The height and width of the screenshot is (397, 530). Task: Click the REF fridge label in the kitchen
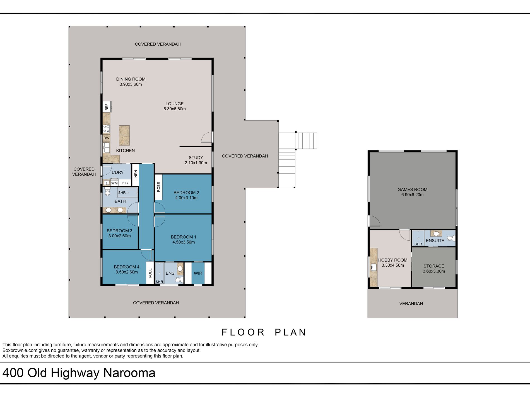[x=107, y=107]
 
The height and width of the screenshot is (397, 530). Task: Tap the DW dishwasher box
[x=107, y=138]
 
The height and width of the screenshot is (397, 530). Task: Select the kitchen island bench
[x=124, y=135]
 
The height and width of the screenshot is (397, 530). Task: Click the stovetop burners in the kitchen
[x=107, y=129]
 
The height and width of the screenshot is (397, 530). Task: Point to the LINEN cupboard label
[x=136, y=175]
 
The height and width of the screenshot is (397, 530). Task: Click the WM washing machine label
[x=114, y=183]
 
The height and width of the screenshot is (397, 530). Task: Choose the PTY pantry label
[x=125, y=183]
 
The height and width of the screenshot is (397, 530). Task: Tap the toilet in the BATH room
[x=107, y=191]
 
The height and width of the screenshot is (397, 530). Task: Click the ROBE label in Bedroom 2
[x=158, y=187]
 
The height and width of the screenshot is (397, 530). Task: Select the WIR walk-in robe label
[x=198, y=273]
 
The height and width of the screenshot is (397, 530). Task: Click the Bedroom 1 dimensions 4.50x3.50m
[x=184, y=242]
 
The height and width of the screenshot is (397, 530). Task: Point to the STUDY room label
[x=196, y=158]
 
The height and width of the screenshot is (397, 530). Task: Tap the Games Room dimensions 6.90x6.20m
[x=412, y=195]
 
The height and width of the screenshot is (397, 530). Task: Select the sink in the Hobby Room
[x=374, y=267]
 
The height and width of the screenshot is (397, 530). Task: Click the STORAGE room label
[x=434, y=266]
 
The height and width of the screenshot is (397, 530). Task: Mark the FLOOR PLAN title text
[x=264, y=332]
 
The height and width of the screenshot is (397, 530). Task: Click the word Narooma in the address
[x=129, y=373]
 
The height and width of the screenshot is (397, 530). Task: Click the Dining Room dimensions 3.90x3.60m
[x=131, y=84]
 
